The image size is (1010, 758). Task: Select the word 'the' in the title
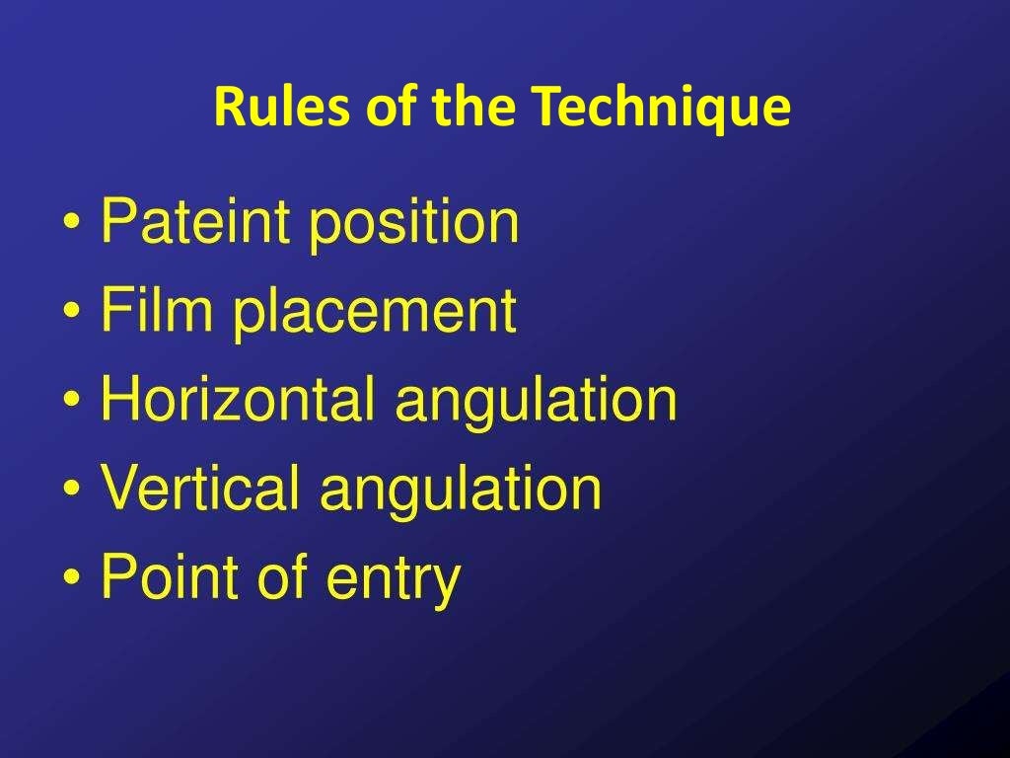[x=472, y=108]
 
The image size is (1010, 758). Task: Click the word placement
[x=374, y=312]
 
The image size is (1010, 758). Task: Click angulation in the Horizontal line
[x=537, y=401]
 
